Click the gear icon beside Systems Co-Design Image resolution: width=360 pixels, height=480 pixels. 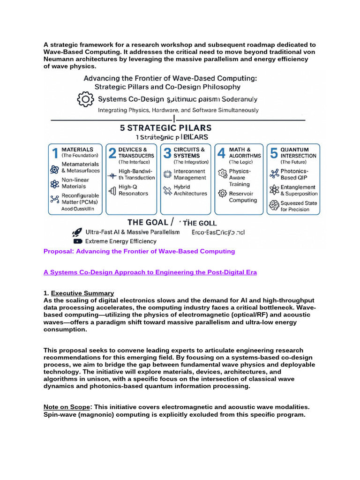85,99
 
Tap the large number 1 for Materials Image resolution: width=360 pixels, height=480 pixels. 55,153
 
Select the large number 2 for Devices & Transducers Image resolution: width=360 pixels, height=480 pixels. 112,153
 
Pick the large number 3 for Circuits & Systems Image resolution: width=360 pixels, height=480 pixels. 167,153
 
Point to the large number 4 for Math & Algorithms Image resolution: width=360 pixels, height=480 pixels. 221,153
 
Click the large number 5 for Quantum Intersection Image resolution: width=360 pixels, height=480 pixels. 274,153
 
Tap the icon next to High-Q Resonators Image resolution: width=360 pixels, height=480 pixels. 112,190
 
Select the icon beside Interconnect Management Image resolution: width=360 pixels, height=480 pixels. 167,174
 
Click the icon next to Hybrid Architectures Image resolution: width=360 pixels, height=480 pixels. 167,190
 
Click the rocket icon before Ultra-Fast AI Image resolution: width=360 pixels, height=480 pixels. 76,232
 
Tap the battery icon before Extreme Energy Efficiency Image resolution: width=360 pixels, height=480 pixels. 76,241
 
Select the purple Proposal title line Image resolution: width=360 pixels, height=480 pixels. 139,251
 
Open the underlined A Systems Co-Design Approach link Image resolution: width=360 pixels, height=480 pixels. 150,272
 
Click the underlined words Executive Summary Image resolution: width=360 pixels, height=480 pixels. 82,293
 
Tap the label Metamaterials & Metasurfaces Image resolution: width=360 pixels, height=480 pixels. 80,167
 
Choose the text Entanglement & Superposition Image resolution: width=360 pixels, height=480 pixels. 298,190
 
